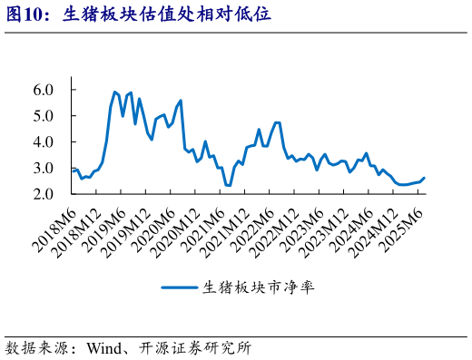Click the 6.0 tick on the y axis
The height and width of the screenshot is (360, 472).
click(44, 90)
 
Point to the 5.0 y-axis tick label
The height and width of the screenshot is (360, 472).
click(44, 116)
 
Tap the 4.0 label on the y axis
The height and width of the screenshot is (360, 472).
click(44, 142)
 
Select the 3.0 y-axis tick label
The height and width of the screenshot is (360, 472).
click(44, 169)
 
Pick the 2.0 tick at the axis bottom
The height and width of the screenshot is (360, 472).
click(44, 195)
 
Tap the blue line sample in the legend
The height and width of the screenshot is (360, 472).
click(182, 287)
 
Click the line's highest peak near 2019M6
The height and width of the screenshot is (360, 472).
click(114, 92)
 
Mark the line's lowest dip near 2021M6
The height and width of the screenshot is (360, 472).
click(228, 186)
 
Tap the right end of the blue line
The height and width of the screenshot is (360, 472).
click(424, 178)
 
